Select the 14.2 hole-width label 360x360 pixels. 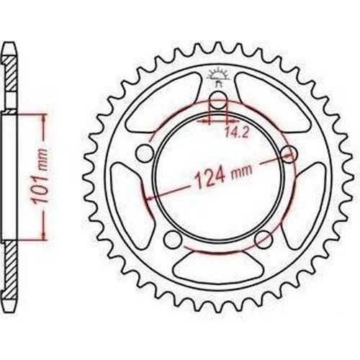pos(237,132)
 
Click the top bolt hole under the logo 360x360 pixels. pos(218,101)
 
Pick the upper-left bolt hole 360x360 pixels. pos(145,153)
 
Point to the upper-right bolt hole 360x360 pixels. pos(289,153)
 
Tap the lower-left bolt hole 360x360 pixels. pos(173,239)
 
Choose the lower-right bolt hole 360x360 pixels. pos(264,239)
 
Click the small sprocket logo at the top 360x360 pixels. pos(217,76)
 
